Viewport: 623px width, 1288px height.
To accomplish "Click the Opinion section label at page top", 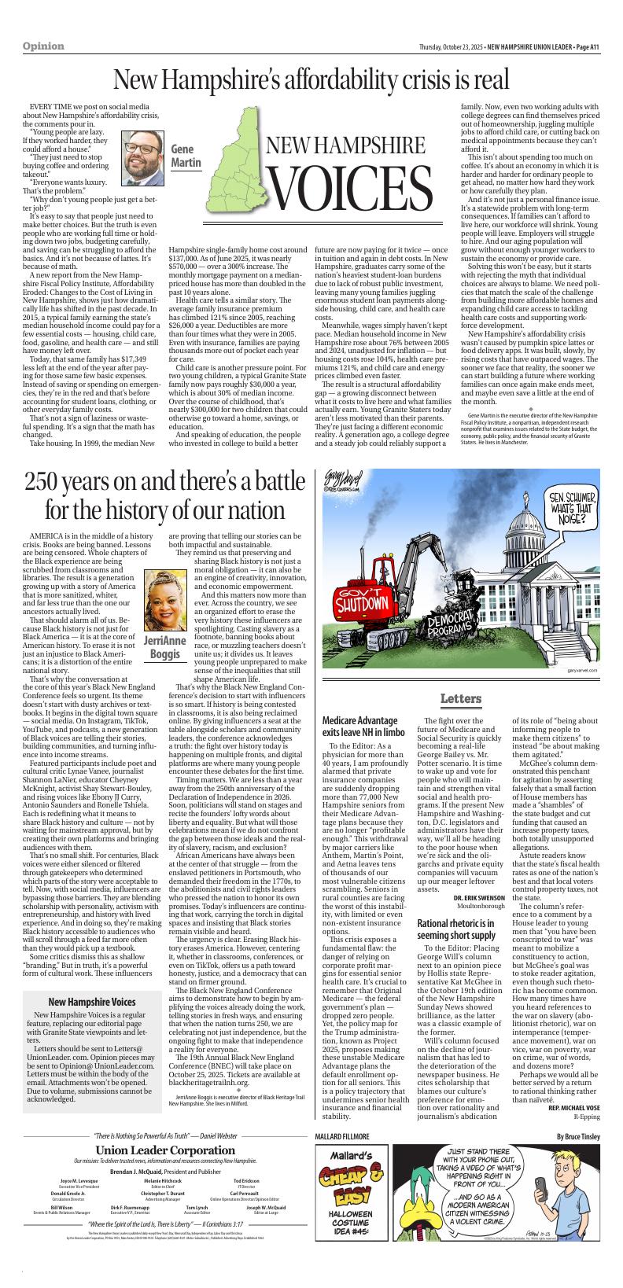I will [x=44, y=46].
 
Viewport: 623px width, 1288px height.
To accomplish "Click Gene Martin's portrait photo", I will [x=142, y=153].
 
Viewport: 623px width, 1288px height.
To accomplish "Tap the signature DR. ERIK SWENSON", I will [x=479, y=898].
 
